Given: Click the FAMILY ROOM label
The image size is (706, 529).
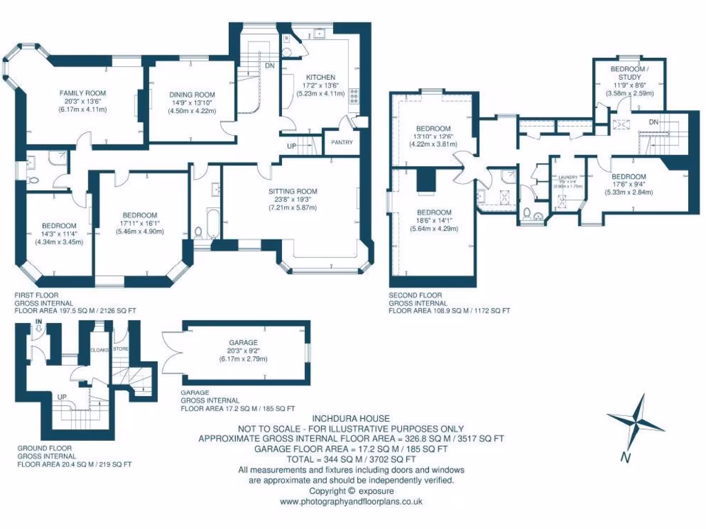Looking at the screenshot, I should point(81,93).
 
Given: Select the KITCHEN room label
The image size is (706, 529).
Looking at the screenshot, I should point(321,77).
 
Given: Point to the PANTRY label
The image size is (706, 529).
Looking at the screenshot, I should point(342,143).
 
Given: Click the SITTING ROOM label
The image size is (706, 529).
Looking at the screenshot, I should point(292,191).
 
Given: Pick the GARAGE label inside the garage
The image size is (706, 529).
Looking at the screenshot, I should point(244,342).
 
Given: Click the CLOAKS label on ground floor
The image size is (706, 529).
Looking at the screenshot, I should point(101,350).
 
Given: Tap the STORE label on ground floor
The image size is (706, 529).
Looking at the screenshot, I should point(121,349).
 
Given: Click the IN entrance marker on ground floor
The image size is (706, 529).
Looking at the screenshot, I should point(39,322).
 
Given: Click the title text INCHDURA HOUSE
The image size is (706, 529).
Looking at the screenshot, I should point(351,418).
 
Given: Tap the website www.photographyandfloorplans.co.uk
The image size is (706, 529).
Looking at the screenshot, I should point(351,502).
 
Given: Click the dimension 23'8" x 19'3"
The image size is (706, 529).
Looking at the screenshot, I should point(292,199).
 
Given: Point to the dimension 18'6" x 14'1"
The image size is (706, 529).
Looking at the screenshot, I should point(433,220).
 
